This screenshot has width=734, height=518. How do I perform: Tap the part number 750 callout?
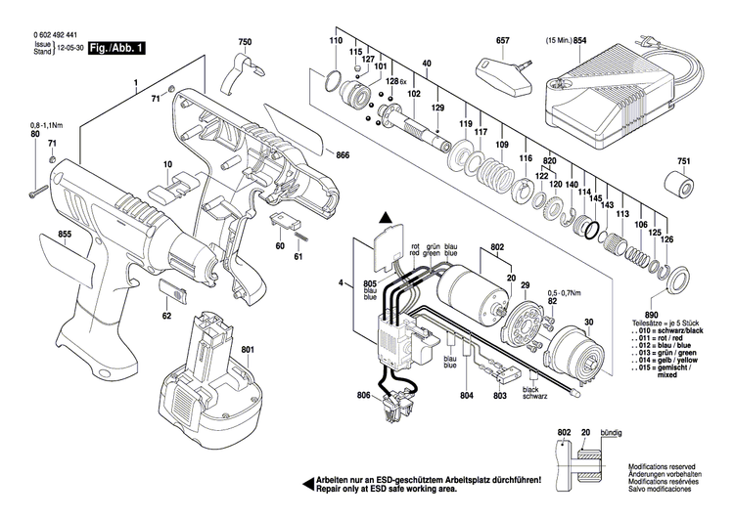pos(244,42)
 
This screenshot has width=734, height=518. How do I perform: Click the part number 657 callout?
pos(503,42)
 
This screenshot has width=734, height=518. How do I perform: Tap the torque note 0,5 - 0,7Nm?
pos(570,292)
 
